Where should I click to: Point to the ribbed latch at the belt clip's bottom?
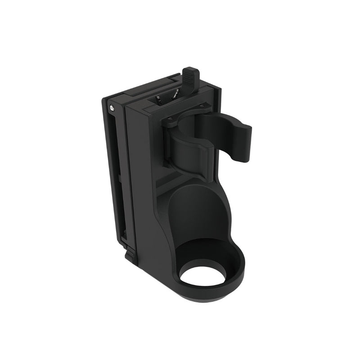130,255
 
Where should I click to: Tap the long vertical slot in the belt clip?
117,180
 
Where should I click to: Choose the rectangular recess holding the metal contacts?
166,99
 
